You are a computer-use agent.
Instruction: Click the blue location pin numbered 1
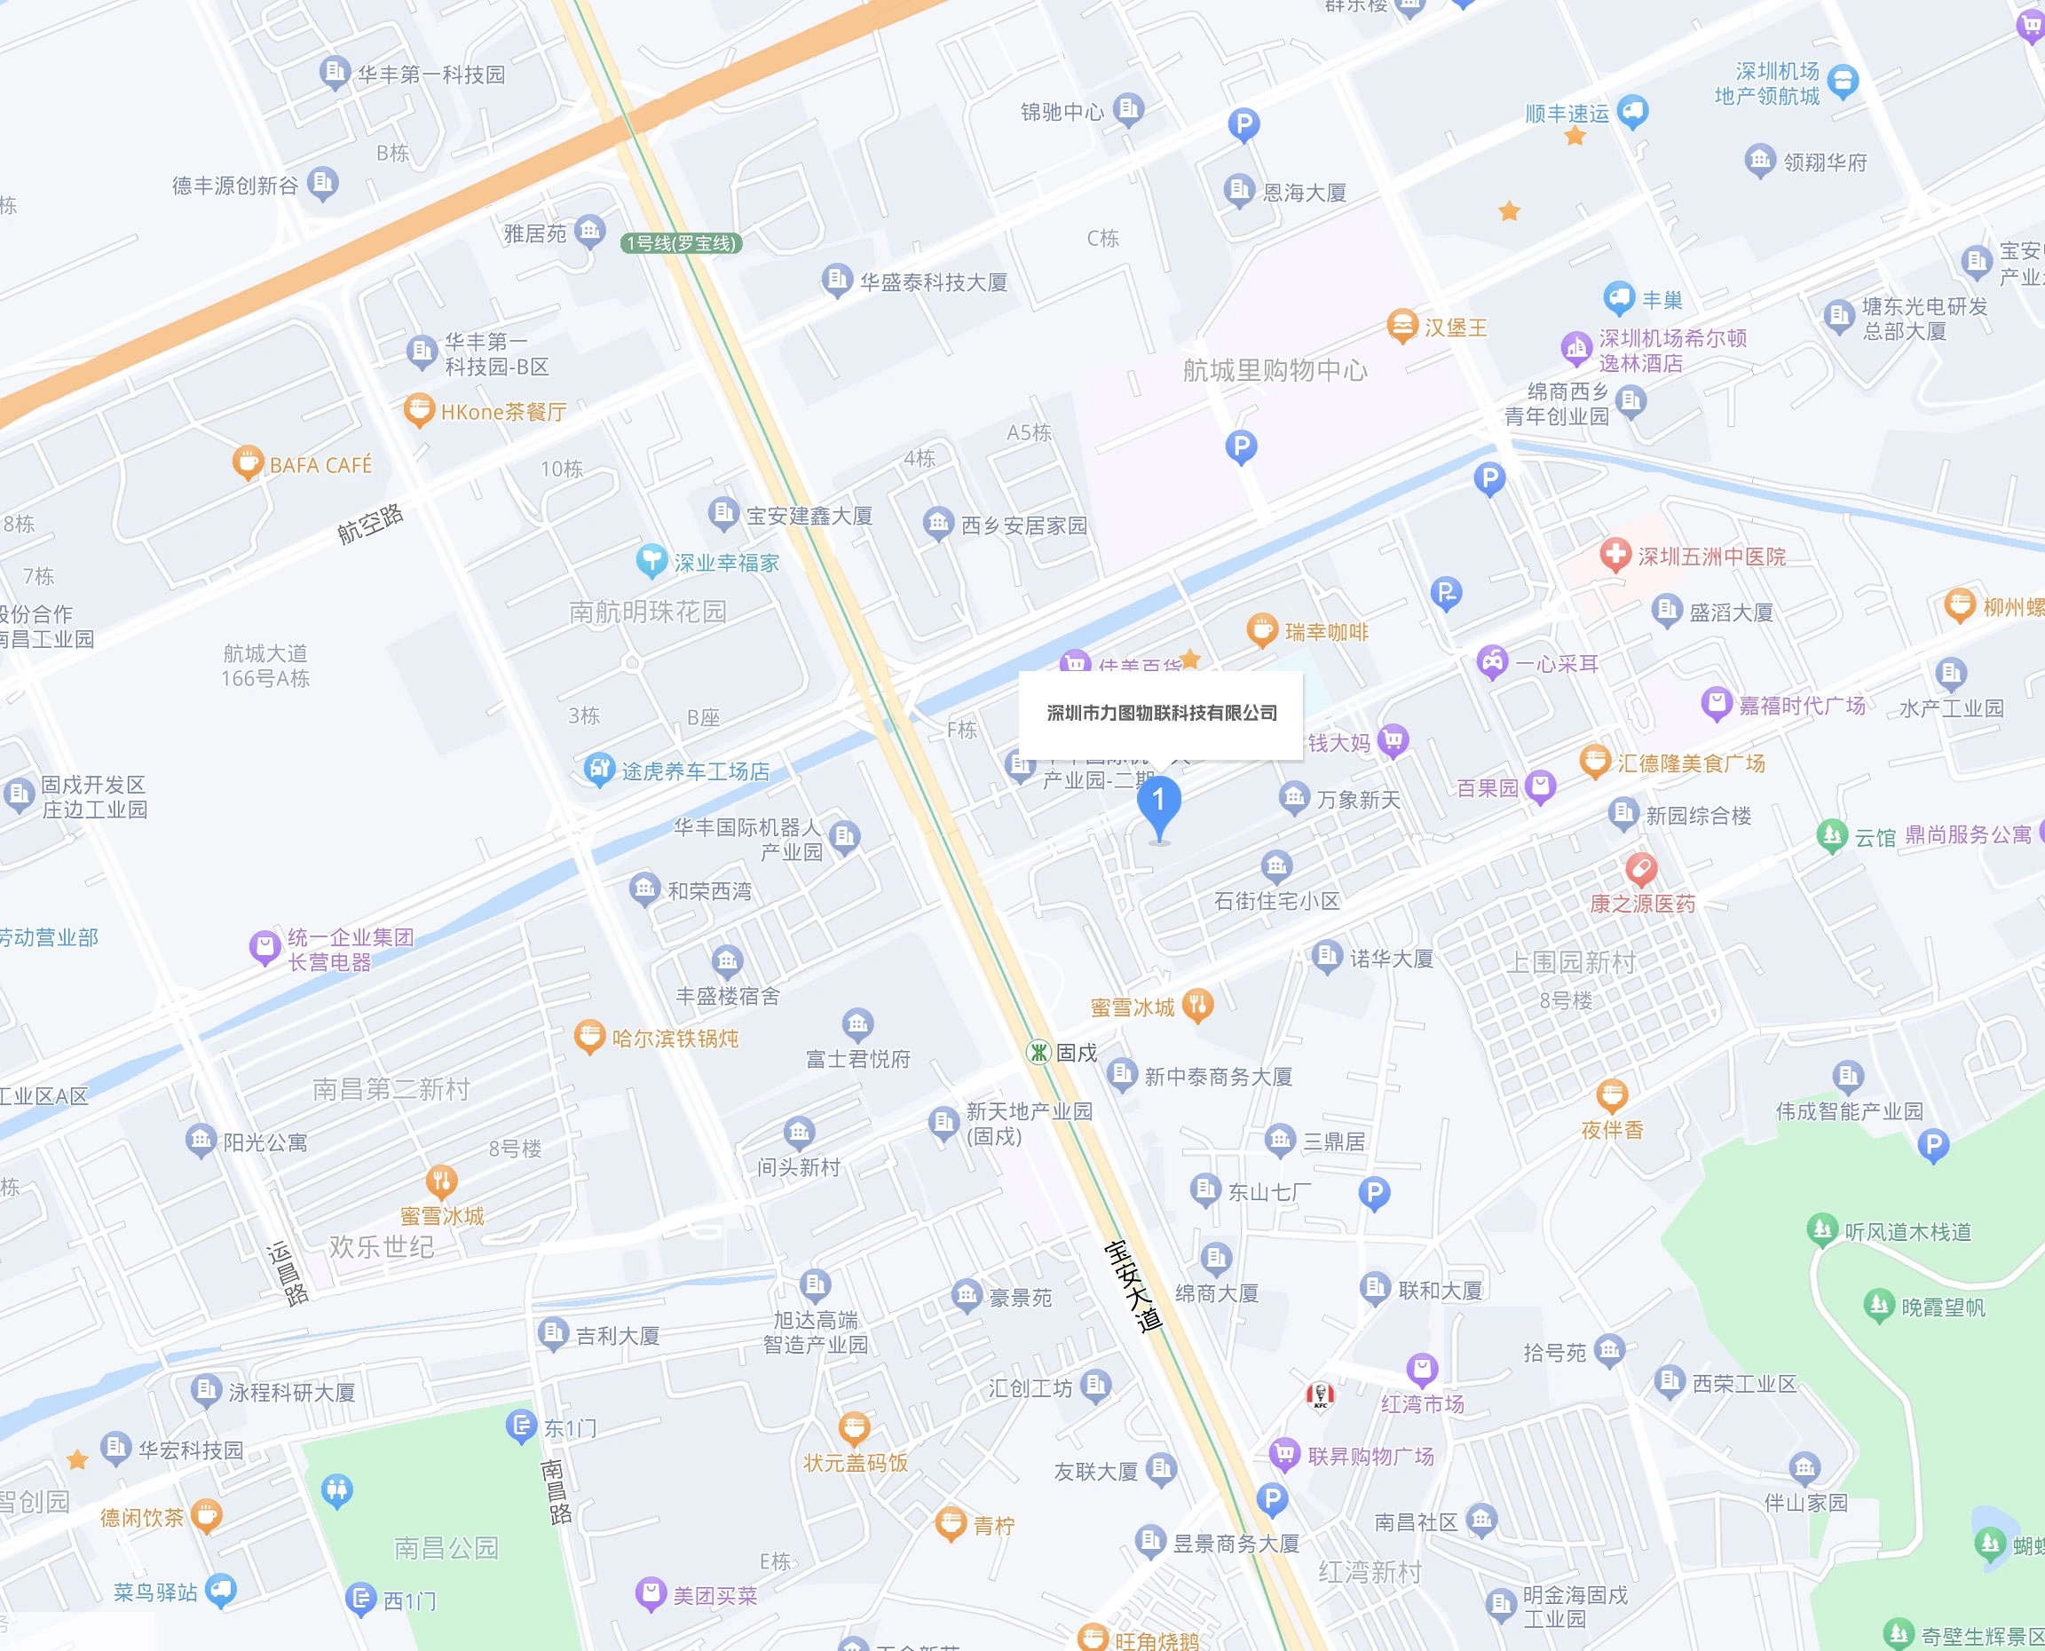click(x=1159, y=803)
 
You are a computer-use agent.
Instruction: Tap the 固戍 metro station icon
click(x=1038, y=1052)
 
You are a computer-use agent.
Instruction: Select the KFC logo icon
click(x=1320, y=1394)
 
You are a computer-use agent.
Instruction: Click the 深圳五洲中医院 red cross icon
click(x=1615, y=555)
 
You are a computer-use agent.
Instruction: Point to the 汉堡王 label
click(x=1455, y=328)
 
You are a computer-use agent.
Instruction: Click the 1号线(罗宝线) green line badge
click(x=681, y=243)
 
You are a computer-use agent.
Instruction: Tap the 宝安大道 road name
click(x=1133, y=1285)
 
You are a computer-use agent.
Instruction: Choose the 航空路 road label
click(x=371, y=523)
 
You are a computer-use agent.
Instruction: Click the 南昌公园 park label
click(x=446, y=1547)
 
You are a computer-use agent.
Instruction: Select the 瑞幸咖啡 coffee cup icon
click(x=1261, y=629)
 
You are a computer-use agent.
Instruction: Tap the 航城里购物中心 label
click(x=1275, y=370)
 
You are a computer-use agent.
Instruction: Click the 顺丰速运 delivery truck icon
click(x=1632, y=111)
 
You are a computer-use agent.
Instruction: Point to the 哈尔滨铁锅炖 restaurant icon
click(x=589, y=1036)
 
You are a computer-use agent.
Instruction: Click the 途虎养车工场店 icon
click(x=599, y=769)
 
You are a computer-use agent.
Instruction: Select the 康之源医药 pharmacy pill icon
click(x=1641, y=867)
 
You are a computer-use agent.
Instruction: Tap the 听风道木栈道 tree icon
click(x=1822, y=1228)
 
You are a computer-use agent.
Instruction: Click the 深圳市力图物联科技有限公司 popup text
click(x=1162, y=714)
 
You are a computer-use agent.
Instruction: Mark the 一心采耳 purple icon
click(x=1492, y=662)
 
